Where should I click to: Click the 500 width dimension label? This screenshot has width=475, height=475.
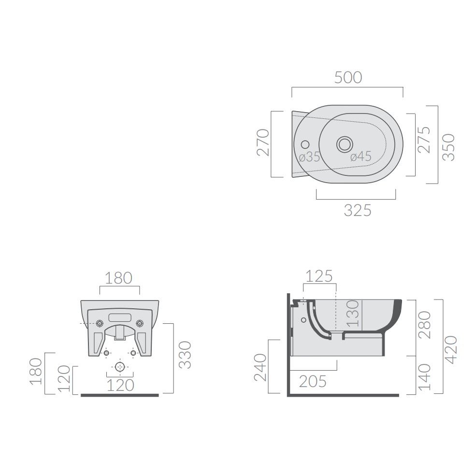pyautogui.click(x=348, y=77)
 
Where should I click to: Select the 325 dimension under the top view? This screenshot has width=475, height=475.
pyautogui.click(x=358, y=211)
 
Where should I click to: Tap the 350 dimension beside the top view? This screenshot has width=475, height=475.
pyautogui.click(x=448, y=147)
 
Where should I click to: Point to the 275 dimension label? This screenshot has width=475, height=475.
pyautogui.click(x=424, y=140)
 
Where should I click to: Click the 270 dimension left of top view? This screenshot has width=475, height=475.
pyautogui.click(x=263, y=143)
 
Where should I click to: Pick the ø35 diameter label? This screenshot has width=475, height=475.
pyautogui.click(x=310, y=157)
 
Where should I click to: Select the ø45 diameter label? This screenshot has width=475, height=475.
pyautogui.click(x=361, y=157)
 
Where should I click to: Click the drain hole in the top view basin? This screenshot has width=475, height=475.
pyautogui.click(x=345, y=144)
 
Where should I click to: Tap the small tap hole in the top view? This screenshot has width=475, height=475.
pyautogui.click(x=305, y=144)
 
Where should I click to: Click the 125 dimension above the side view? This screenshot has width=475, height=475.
pyautogui.click(x=319, y=276)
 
